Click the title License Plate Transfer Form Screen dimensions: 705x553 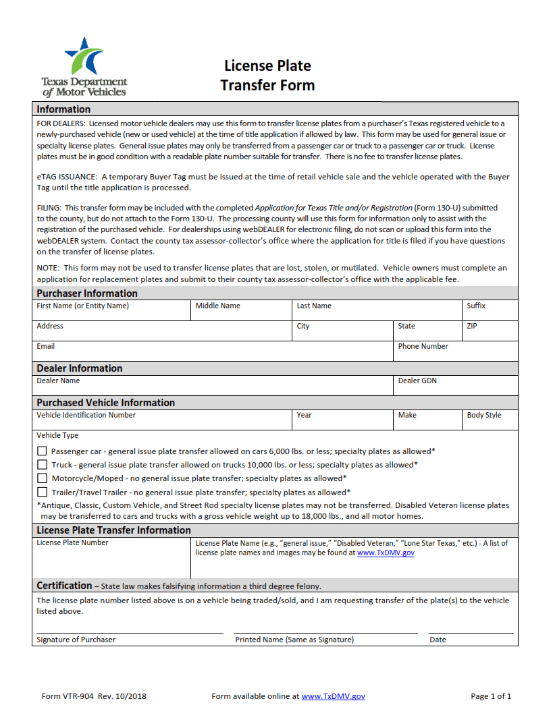pyautogui.click(x=267, y=76)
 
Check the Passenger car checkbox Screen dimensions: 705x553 pyautogui.click(x=42, y=451)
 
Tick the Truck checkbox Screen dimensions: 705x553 pyautogui.click(x=42, y=465)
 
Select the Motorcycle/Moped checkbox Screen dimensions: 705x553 pyautogui.click(x=42, y=478)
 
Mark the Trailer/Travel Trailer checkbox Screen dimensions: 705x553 pyautogui.click(x=42, y=492)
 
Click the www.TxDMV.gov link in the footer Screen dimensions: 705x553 pyautogui.click(x=333, y=696)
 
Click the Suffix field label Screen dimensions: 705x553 pyautogui.click(x=476, y=306)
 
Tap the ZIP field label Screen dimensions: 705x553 pyautogui.click(x=472, y=326)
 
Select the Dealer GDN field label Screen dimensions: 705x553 pyautogui.click(x=417, y=380)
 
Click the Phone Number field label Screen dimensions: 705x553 pyautogui.click(x=423, y=346)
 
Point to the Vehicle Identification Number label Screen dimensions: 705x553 pyautogui.click(x=86, y=415)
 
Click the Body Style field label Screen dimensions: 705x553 pyautogui.click(x=483, y=415)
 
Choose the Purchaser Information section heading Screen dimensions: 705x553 pyautogui.click(x=87, y=293)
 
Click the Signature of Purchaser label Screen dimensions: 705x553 pyautogui.click(x=76, y=640)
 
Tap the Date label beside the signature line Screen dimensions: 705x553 pyautogui.click(x=438, y=640)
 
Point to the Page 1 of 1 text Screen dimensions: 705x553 pyautogui.click(x=490, y=696)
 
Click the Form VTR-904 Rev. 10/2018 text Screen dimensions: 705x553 pyautogui.click(x=94, y=696)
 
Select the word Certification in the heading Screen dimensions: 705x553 pyautogui.click(x=64, y=586)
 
